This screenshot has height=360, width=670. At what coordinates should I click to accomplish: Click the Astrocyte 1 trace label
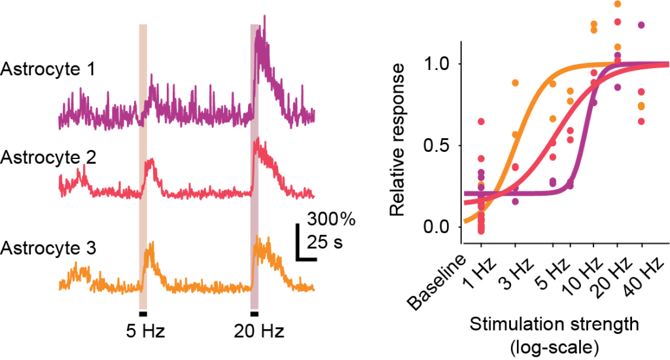click(48, 69)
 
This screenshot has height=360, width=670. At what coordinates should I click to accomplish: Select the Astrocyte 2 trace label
click(48, 158)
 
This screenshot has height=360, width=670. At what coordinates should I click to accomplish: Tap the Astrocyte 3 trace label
click(48, 249)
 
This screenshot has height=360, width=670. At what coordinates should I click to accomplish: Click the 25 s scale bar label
click(325, 243)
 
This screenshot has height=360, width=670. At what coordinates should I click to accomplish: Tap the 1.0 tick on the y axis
click(438, 64)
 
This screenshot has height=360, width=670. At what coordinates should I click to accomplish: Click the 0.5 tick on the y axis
click(438, 145)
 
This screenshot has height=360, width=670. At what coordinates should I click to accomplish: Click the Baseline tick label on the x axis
click(440, 281)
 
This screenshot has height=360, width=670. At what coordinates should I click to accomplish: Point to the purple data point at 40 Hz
click(641, 25)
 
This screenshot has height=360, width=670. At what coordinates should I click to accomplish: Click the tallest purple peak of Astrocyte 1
click(264, 16)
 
